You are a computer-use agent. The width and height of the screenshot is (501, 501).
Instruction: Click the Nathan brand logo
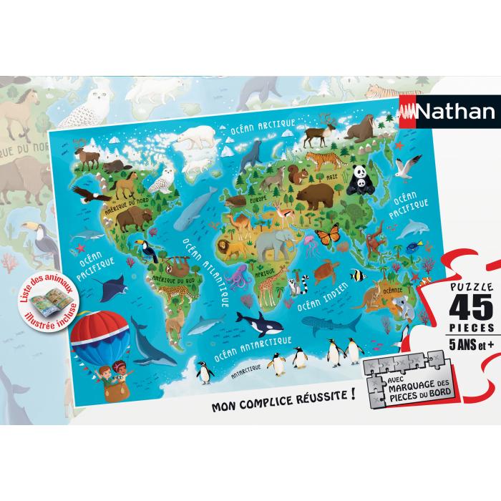[x=444, y=112]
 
